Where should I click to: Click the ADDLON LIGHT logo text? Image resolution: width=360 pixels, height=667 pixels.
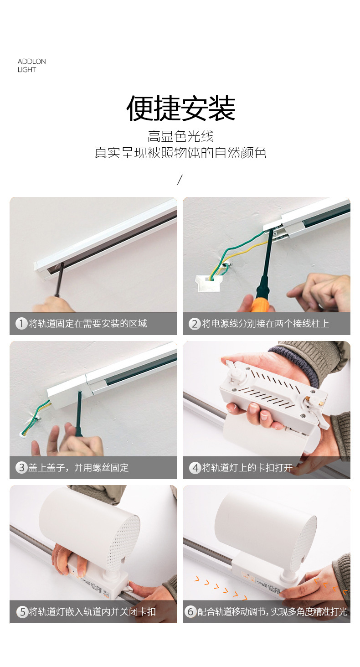click(31, 66)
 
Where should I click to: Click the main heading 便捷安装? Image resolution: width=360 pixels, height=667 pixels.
click(180, 109)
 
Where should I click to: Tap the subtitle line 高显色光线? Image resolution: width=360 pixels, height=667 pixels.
click(180, 136)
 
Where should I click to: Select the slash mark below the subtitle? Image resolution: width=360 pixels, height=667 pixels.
click(180, 180)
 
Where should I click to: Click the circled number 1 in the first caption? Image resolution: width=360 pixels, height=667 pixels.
click(21, 324)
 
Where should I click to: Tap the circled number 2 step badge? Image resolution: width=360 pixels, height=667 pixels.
click(195, 324)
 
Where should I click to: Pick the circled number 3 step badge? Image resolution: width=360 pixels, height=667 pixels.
click(21, 467)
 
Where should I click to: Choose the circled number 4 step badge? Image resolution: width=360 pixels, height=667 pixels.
click(195, 468)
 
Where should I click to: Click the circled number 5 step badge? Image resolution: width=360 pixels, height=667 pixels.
click(22, 612)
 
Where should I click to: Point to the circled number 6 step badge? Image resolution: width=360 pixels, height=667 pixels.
click(190, 612)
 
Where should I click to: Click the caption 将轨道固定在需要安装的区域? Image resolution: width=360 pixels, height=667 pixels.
click(88, 324)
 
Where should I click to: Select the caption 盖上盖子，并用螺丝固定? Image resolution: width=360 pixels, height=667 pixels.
click(79, 468)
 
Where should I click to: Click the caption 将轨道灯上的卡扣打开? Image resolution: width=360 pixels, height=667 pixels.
click(247, 468)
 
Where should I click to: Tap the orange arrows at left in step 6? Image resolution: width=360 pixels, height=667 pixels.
click(221, 588)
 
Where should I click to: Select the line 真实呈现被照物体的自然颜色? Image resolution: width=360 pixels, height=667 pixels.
click(180, 153)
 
